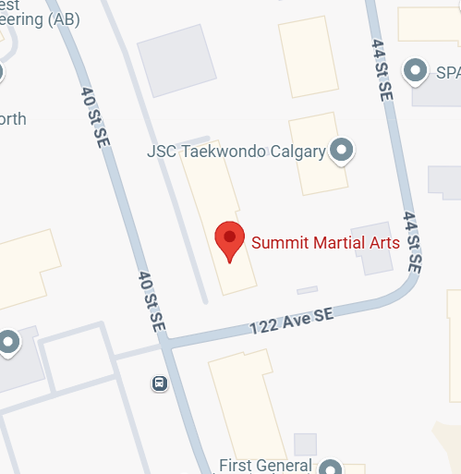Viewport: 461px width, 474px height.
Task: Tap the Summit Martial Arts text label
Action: [x=325, y=244]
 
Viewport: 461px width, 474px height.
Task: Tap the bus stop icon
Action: [x=160, y=383]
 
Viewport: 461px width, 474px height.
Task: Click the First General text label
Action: [x=268, y=465]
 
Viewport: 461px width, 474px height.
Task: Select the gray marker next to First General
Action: [x=329, y=467]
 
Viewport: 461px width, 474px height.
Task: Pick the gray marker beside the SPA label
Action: [x=417, y=69]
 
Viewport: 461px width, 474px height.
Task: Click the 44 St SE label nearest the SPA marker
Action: [x=381, y=69]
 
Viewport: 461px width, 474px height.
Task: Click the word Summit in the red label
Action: [x=278, y=244]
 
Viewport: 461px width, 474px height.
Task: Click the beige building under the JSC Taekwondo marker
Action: [x=318, y=176]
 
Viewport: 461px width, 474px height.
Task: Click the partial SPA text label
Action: [x=448, y=70]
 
